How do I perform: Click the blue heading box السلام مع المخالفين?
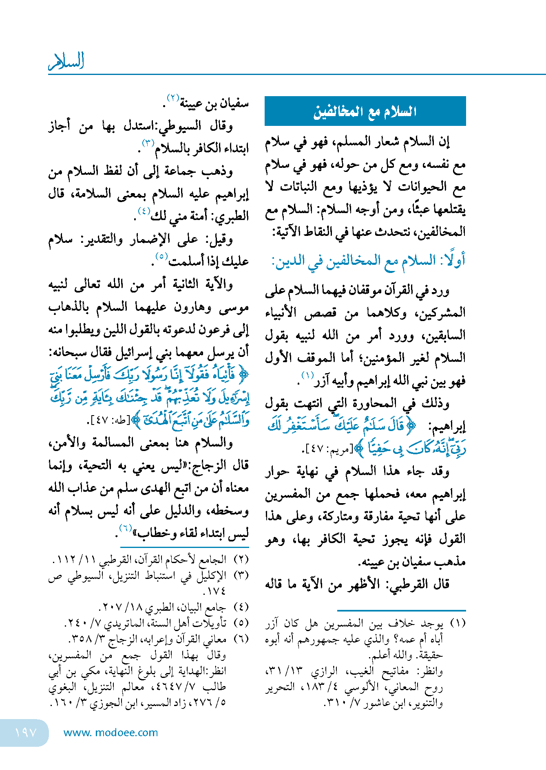pyautogui.click(x=365, y=111)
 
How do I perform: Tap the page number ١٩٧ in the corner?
pyautogui.click(x=25, y=733)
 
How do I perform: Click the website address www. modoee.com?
pyautogui.click(x=111, y=733)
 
